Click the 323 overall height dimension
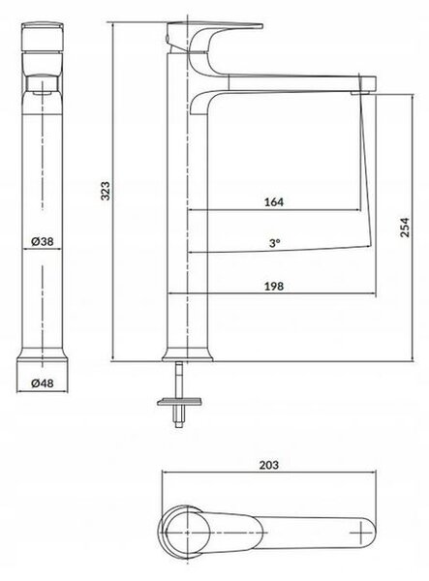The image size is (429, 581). (106, 191)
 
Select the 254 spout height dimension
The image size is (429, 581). (406, 228)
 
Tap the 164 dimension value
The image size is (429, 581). (274, 202)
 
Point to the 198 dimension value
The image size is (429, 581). (274, 286)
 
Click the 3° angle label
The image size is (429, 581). (274, 243)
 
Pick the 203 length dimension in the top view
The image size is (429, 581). (269, 465)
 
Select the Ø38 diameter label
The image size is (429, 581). (43, 241)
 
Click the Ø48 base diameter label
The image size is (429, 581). (43, 383)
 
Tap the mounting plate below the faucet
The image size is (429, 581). (180, 402)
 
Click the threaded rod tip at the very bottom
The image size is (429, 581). (179, 425)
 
